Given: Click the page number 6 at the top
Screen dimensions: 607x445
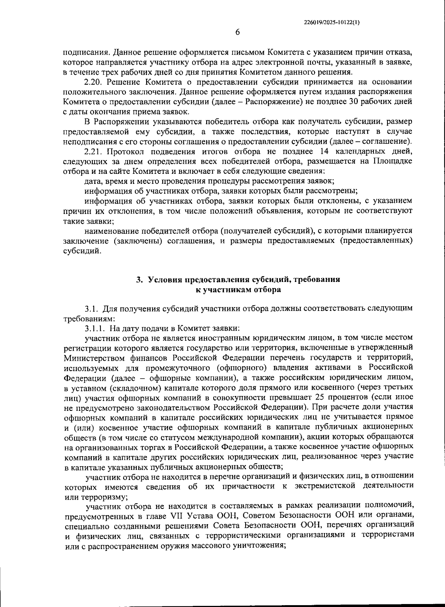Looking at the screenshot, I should click(237, 32).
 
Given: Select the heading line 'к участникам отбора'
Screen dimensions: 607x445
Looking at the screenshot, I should click(238, 290).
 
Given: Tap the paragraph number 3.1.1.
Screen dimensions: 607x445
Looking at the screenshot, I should click(95, 328).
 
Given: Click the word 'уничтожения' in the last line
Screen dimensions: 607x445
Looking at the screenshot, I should click(263, 546).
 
